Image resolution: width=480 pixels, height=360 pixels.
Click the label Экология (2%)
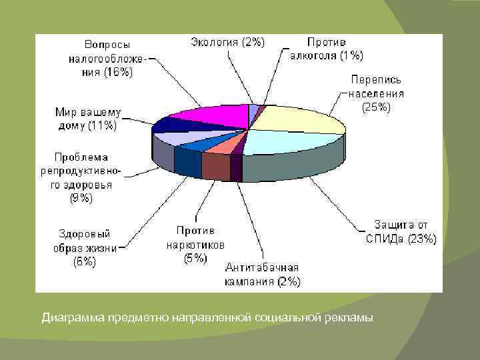pyautogui.click(x=227, y=42)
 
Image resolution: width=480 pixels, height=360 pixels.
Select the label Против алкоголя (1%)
pyautogui.click(x=326, y=49)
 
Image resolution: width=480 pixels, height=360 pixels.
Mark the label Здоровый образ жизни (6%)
pyautogui.click(x=85, y=247)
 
